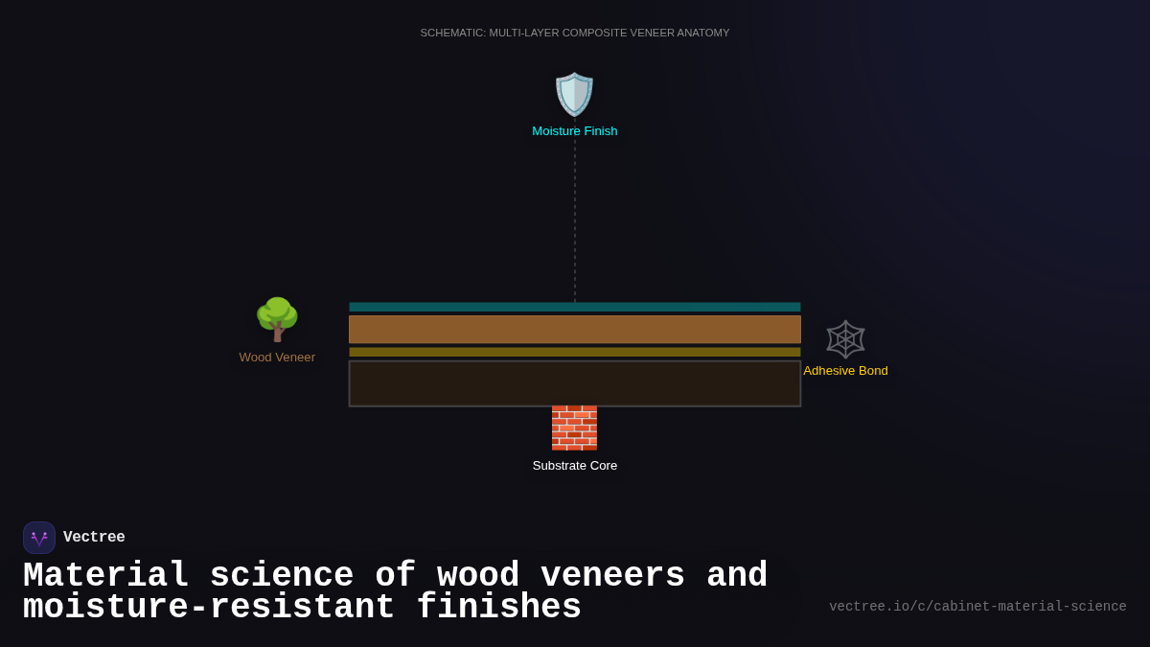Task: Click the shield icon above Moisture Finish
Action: (x=575, y=94)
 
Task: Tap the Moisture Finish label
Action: (x=575, y=131)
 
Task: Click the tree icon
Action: (x=277, y=319)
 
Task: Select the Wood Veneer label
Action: (x=277, y=358)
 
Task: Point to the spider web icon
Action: (x=845, y=339)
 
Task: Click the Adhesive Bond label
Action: (x=845, y=371)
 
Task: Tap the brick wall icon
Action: (x=574, y=427)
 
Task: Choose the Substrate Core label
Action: (x=575, y=466)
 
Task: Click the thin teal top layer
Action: (x=575, y=307)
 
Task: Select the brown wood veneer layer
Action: (x=575, y=330)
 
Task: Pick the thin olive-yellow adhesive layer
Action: (x=575, y=352)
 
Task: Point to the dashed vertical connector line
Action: (x=575, y=220)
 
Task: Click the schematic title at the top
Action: (x=575, y=33)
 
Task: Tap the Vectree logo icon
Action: (x=39, y=538)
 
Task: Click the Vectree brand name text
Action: (x=94, y=538)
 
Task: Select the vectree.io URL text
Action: (x=977, y=607)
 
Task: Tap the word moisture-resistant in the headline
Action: (x=209, y=608)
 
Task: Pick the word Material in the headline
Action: (x=105, y=576)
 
